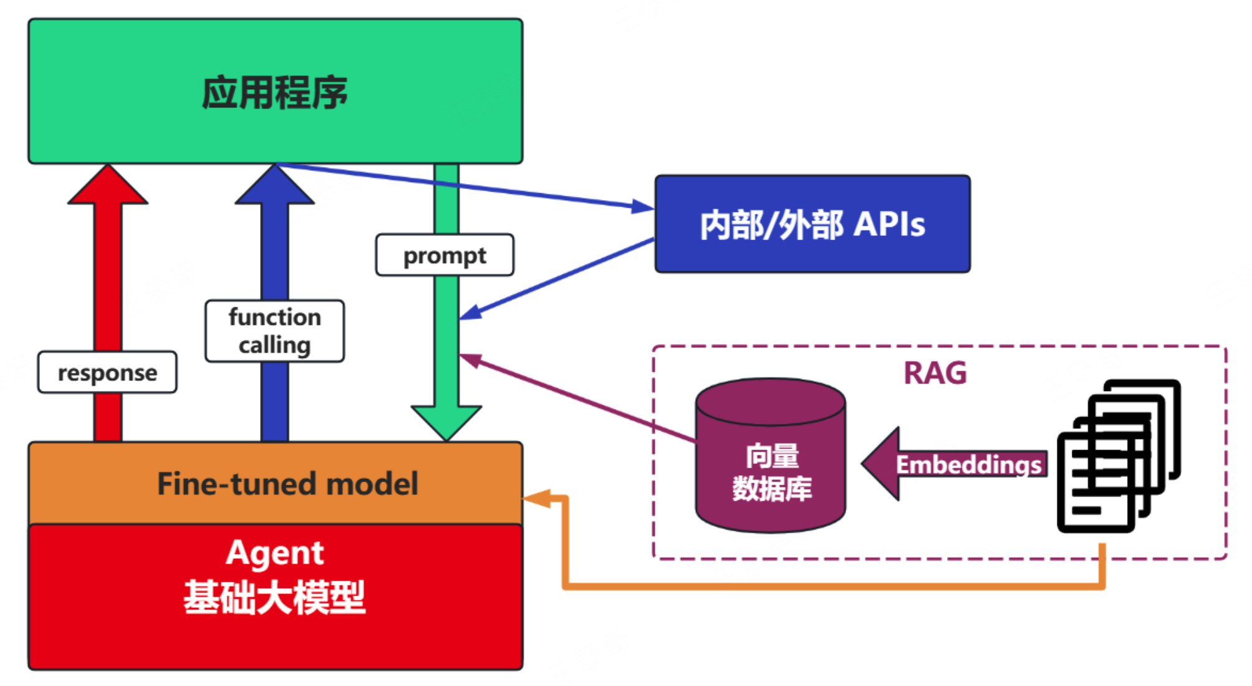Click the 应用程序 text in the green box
[x=275, y=93]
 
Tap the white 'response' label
[x=107, y=372]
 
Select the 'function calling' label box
[x=274, y=331]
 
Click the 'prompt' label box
[x=445, y=255]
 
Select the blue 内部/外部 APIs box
[x=812, y=224]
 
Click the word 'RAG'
[x=935, y=373]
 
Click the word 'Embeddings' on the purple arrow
[x=968, y=465]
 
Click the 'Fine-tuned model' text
[x=287, y=484]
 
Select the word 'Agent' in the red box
[x=275, y=553]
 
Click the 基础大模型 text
[x=275, y=597]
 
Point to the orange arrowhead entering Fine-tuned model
[x=536, y=498]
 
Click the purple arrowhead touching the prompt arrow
[x=471, y=360]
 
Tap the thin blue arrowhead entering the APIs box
[x=642, y=206]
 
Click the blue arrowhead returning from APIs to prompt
[x=471, y=313]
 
